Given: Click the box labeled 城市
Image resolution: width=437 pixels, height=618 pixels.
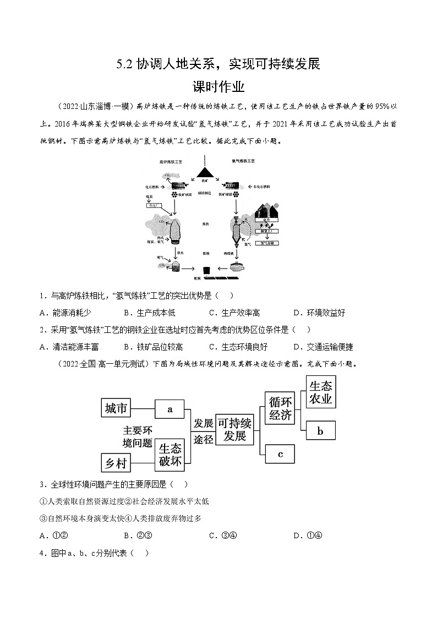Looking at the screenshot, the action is click(x=116, y=408).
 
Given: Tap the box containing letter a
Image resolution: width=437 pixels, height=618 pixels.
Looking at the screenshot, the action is click(x=170, y=409).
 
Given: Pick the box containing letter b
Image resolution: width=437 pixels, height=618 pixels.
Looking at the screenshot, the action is click(x=320, y=431).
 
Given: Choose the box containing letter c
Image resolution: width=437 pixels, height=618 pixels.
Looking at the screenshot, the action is click(x=280, y=454).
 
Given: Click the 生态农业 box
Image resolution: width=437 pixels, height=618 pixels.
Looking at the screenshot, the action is click(x=320, y=392).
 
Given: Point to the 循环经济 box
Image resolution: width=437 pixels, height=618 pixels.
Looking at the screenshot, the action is click(x=280, y=408).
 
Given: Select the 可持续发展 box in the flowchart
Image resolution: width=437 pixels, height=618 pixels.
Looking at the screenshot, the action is click(x=234, y=430).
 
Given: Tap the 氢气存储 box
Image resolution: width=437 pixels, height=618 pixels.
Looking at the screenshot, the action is click(x=269, y=243).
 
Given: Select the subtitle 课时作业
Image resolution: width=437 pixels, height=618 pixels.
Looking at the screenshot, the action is click(x=218, y=87).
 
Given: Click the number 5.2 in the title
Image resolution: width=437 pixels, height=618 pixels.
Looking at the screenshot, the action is click(x=124, y=64).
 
